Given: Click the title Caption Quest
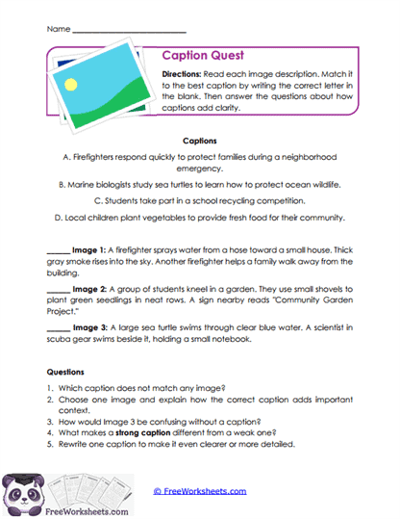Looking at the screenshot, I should point(203,56).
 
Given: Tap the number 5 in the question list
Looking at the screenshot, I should point(50,444).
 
